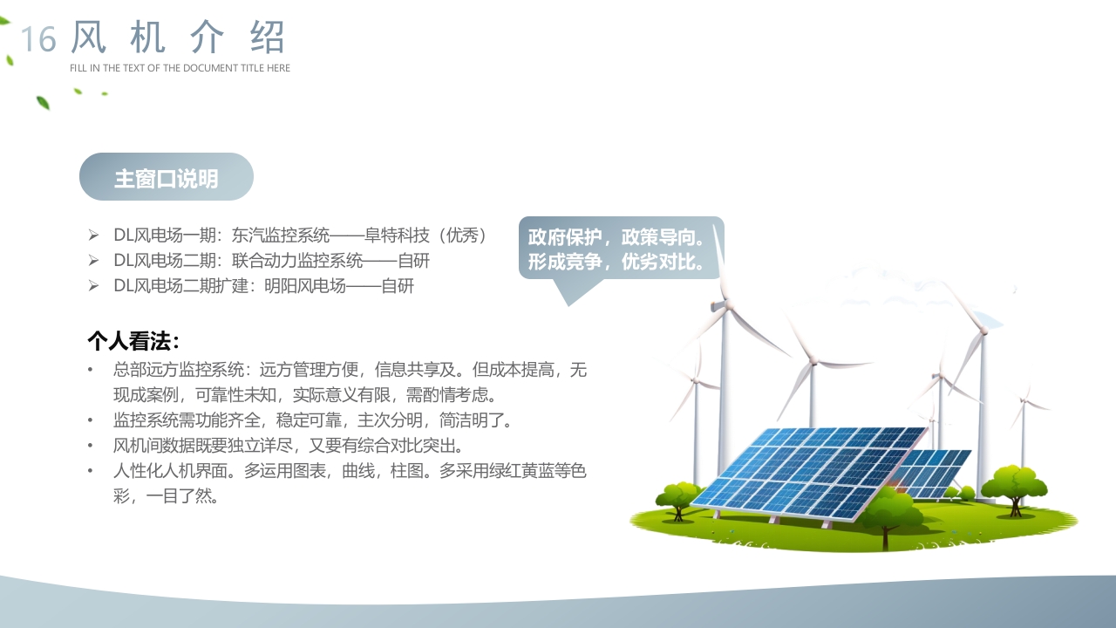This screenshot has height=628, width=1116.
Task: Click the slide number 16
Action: [x=38, y=39]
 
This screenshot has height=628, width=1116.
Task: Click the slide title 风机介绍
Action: [x=178, y=38]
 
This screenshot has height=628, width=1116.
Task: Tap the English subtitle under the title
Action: [x=180, y=68]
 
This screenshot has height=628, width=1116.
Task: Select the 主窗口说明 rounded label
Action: [x=167, y=178]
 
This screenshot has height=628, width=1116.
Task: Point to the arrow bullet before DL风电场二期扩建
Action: [x=93, y=286]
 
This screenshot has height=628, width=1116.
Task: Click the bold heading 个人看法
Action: [x=133, y=340]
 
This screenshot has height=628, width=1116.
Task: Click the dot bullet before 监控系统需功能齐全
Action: [x=90, y=420]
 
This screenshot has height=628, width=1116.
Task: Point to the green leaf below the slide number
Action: [x=43, y=103]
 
